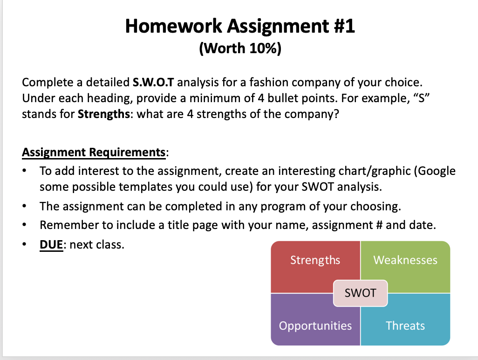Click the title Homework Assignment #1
[240, 26]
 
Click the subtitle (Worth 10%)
[240, 48]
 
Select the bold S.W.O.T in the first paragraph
[153, 83]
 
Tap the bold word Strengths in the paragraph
[104, 114]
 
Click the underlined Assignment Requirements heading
[94, 152]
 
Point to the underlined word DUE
[51, 245]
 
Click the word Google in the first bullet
[437, 171]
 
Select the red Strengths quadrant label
[315, 260]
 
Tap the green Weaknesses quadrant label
[405, 260]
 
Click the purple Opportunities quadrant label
[315, 326]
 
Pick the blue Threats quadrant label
[405, 326]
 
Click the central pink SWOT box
[360, 293]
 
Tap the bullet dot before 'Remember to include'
[24, 225]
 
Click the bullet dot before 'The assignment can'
[24, 206]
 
